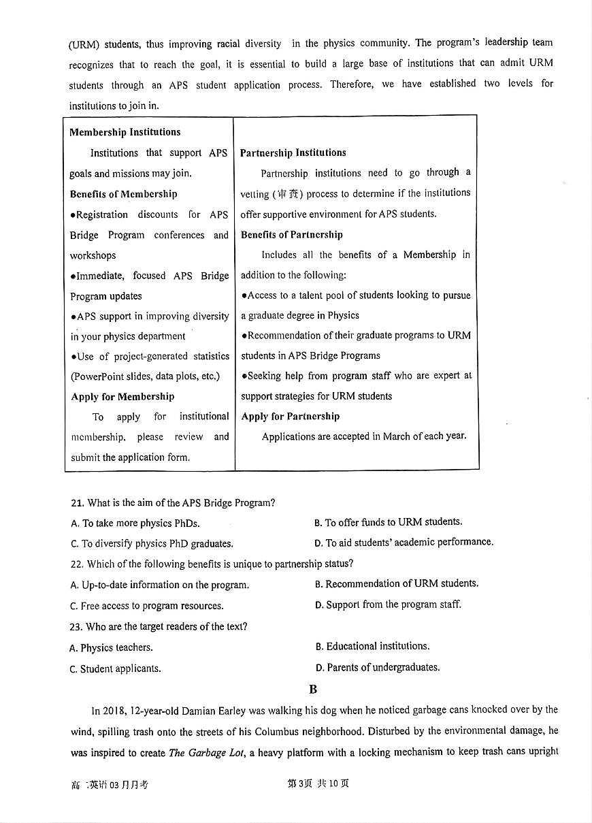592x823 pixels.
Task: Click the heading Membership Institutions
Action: tap(125, 132)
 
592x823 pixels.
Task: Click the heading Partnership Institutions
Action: tap(293, 152)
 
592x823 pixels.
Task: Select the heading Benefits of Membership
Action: tap(123, 194)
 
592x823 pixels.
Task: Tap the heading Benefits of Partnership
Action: tap(291, 234)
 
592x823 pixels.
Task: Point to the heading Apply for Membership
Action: tap(122, 396)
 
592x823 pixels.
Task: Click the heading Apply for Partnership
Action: tap(290, 416)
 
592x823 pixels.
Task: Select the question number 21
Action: tap(77, 503)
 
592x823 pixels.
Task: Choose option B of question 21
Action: tap(388, 522)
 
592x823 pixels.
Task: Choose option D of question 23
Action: tap(377, 667)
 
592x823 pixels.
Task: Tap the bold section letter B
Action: tap(313, 689)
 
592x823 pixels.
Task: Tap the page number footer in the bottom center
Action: tap(318, 784)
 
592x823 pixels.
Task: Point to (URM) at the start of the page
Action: tap(84, 45)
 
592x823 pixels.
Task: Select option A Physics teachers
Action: tap(111, 647)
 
